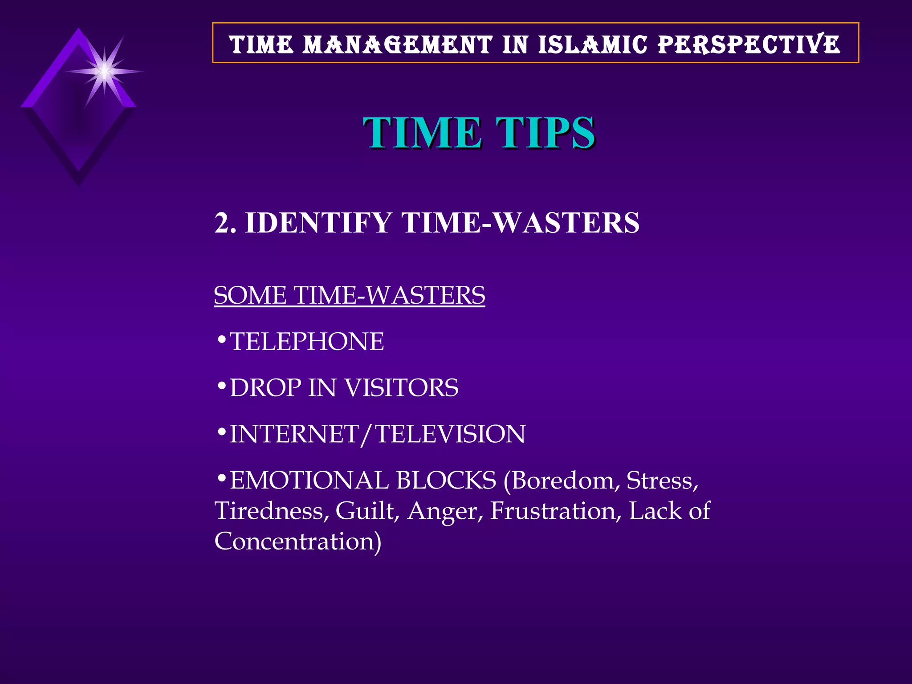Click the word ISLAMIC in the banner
(x=592, y=45)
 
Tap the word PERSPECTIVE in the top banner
(x=749, y=45)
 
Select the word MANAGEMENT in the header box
(x=397, y=45)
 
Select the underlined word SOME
(x=250, y=295)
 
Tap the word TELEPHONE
(x=307, y=342)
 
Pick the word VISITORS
(x=401, y=387)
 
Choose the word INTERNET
(x=294, y=434)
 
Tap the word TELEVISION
(x=451, y=434)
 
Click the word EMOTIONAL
(x=309, y=480)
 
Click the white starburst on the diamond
(x=104, y=71)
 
